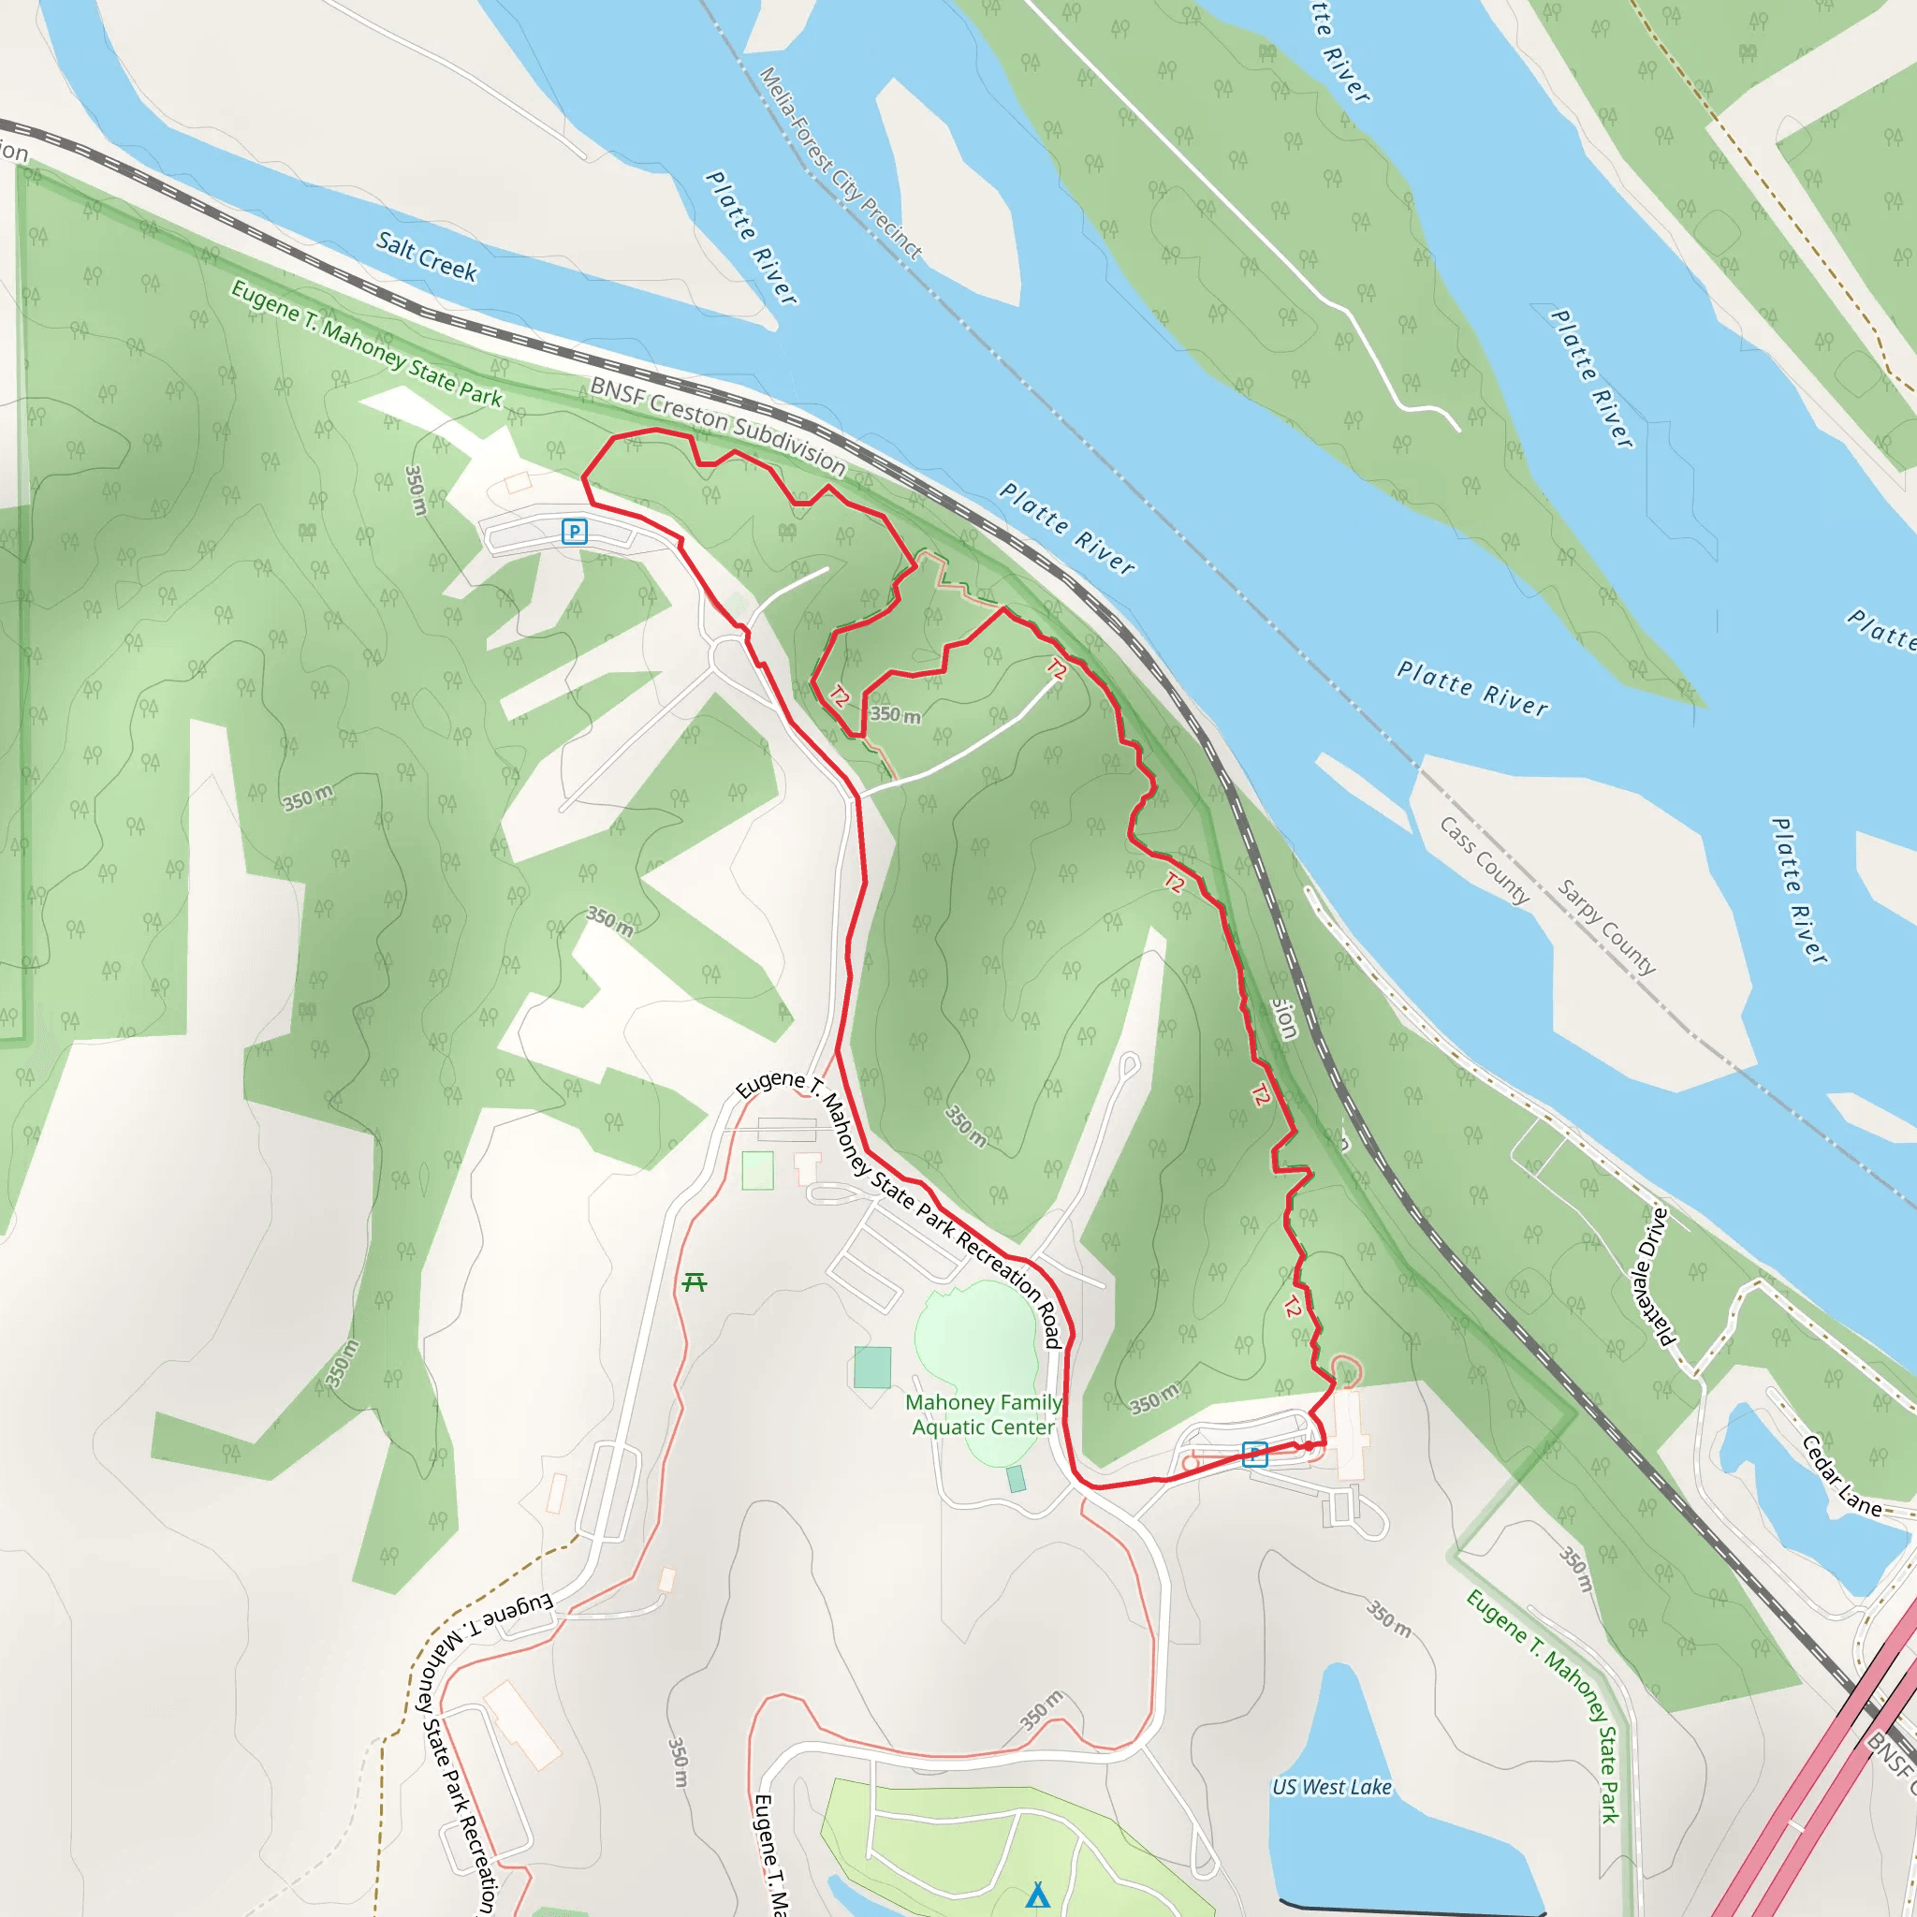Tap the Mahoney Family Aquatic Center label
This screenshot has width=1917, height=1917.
(x=984, y=1415)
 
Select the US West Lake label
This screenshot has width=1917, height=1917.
(x=1332, y=1787)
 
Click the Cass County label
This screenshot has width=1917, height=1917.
(x=1485, y=861)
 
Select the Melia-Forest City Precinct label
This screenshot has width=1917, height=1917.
(x=841, y=164)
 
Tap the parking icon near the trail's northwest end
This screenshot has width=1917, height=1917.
(x=575, y=532)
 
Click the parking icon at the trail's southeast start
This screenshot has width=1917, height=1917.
(x=1255, y=1455)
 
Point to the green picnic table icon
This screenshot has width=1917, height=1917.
(x=695, y=1283)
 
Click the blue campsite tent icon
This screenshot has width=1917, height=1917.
(x=1038, y=1895)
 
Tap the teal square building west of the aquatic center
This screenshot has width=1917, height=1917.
(x=872, y=1368)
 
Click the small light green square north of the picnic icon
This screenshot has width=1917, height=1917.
(x=758, y=1171)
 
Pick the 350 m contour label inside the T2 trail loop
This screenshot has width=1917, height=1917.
(x=895, y=714)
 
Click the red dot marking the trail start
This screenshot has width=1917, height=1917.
(x=1309, y=1445)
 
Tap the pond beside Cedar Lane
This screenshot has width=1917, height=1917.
(x=1796, y=1499)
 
